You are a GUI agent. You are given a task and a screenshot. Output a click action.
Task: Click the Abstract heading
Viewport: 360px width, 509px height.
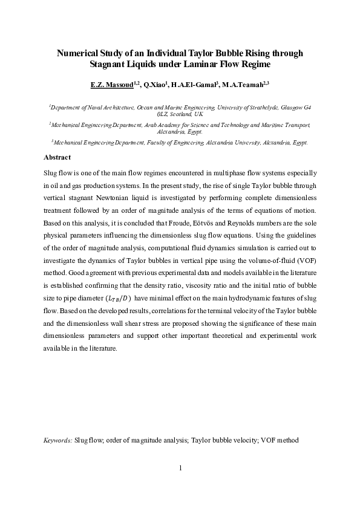(x=58, y=157)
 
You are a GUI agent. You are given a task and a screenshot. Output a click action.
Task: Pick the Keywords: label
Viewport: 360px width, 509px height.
(x=58, y=441)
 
